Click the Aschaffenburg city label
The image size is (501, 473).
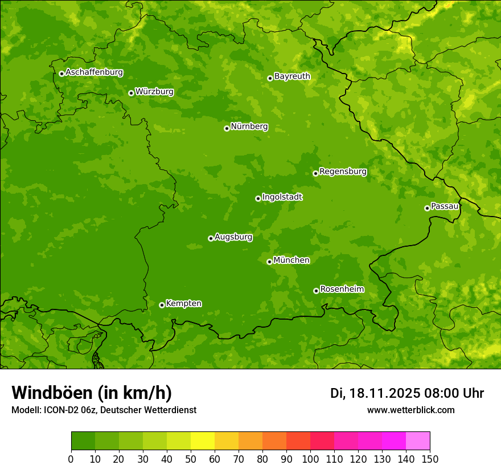coord(94,72)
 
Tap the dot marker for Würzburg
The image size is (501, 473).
coord(131,93)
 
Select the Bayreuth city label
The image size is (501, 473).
coord(292,76)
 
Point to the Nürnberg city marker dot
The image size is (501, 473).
coord(227,128)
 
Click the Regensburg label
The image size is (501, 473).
coord(343,172)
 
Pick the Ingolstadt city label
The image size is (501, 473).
coord(282,197)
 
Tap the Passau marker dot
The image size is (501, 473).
coord(427,208)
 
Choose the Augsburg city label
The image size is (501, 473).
coord(233,237)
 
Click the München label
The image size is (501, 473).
coord(291,260)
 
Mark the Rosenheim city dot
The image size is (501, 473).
coord(316,291)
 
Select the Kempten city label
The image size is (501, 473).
coord(183,304)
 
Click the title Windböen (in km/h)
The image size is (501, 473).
coord(92,393)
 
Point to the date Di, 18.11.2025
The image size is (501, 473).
coord(375,393)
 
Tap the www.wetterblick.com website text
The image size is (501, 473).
coord(410,410)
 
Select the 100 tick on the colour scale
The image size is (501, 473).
coord(310,459)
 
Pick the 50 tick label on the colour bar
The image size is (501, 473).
coord(191,459)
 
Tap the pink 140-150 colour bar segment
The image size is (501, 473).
coord(418,441)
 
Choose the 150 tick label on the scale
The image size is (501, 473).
coord(430,459)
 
